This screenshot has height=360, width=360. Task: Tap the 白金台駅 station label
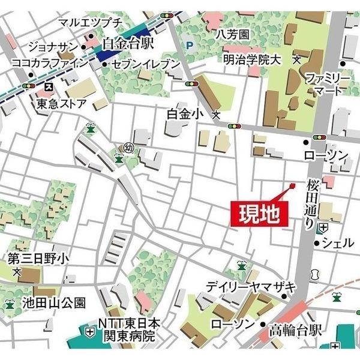[128, 43]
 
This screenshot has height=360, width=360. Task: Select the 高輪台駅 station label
[295, 329]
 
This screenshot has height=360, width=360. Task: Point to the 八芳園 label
[233, 34]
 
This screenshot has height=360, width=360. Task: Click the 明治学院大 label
[251, 59]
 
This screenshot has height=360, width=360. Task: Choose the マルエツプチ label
[91, 23]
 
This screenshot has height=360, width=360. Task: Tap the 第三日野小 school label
[38, 258]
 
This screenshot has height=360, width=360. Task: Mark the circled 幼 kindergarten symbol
[128, 147]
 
